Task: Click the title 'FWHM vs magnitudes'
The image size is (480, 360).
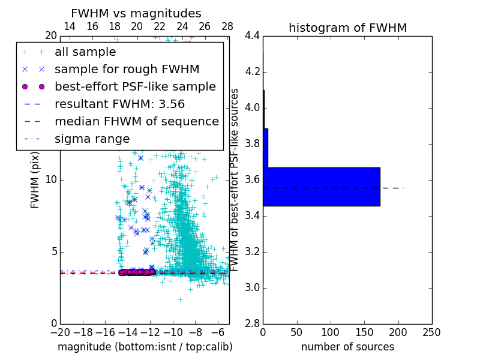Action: [x=136, y=13]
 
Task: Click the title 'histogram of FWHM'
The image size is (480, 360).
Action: [x=347, y=28]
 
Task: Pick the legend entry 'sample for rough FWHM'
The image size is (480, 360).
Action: [x=127, y=69]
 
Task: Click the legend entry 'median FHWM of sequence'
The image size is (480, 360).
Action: [x=136, y=121]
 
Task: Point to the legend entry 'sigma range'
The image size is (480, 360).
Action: [x=92, y=139]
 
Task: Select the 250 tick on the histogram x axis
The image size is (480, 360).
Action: [x=431, y=332]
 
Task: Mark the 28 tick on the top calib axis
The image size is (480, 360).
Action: [x=227, y=26]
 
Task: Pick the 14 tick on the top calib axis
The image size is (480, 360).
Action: [x=70, y=26]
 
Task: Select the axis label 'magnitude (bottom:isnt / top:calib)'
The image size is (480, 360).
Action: [x=145, y=347]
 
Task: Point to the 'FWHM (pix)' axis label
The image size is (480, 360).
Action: [x=35, y=180]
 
